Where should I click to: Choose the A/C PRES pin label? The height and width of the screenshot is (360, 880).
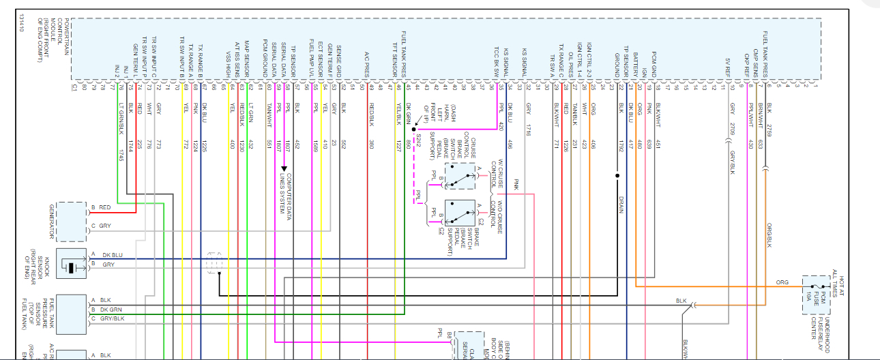366,62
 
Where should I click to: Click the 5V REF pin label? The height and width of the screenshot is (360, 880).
728,66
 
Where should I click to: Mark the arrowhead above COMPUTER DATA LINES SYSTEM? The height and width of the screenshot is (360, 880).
284,168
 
